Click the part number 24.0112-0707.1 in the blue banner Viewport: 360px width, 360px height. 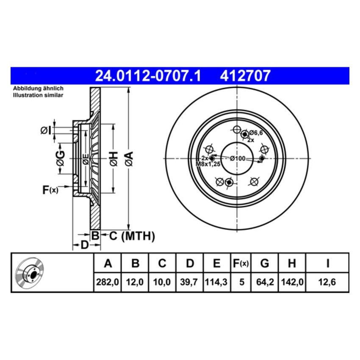[148, 76]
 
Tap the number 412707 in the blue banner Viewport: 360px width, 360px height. [245, 76]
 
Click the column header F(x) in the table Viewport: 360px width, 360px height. [241, 263]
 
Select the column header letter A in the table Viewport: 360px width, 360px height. [108, 263]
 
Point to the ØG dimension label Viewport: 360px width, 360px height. [61, 158]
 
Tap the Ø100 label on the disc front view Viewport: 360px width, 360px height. [238, 158]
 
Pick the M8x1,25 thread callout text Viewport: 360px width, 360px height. [208, 164]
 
